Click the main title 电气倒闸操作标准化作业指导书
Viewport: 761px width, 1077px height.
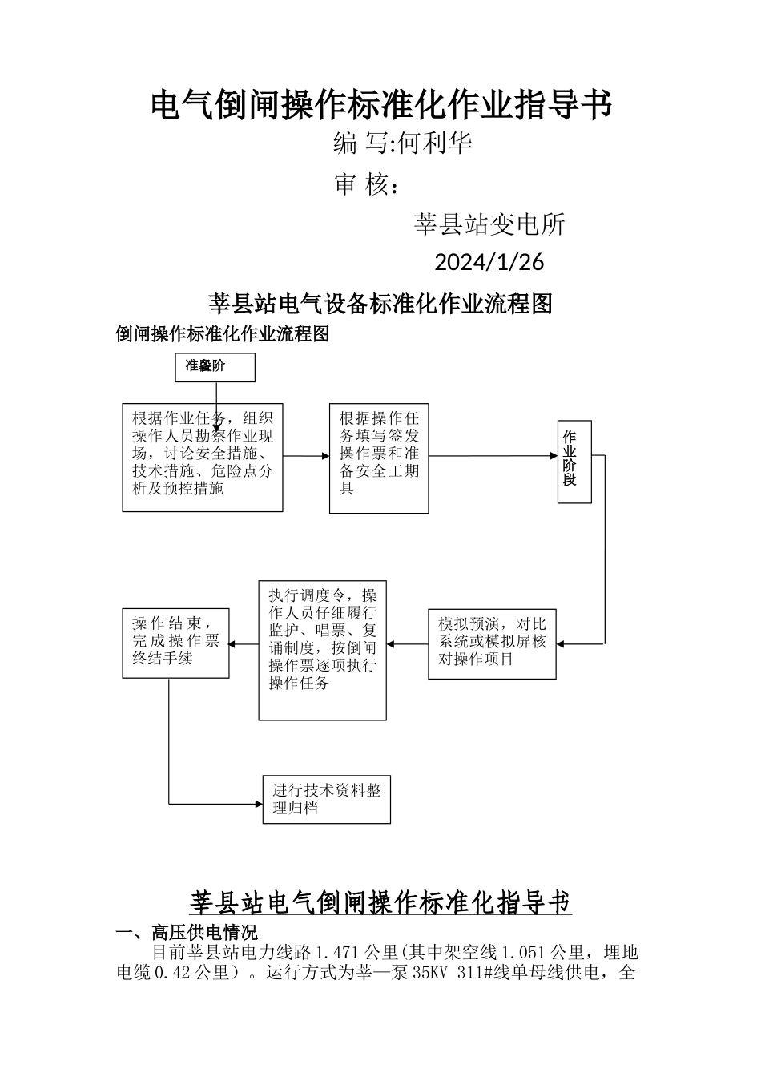pos(381,105)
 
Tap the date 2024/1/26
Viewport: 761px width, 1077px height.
pos(489,262)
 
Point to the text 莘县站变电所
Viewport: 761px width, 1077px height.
pos(489,224)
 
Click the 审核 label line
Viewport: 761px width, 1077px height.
pos(366,185)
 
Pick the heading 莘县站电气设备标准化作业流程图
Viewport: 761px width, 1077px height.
pos(380,304)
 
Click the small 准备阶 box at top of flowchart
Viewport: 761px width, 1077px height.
pos(215,367)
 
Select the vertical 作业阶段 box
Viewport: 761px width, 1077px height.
pos(574,461)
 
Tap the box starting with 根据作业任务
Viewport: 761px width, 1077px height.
pos(203,457)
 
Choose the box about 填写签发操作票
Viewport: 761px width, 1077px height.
pos(379,458)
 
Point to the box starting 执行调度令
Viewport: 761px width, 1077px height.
pos(322,649)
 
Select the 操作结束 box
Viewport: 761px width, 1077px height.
pos(176,643)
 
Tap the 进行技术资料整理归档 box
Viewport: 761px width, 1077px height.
pos(327,799)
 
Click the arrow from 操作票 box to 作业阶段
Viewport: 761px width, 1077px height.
pos(493,456)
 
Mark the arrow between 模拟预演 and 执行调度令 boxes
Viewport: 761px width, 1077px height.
pos(407,643)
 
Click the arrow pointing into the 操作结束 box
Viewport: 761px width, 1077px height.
pos(244,643)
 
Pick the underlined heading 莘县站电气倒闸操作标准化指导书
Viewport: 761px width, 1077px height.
pos(380,902)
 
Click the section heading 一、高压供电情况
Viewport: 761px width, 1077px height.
pos(187,934)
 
